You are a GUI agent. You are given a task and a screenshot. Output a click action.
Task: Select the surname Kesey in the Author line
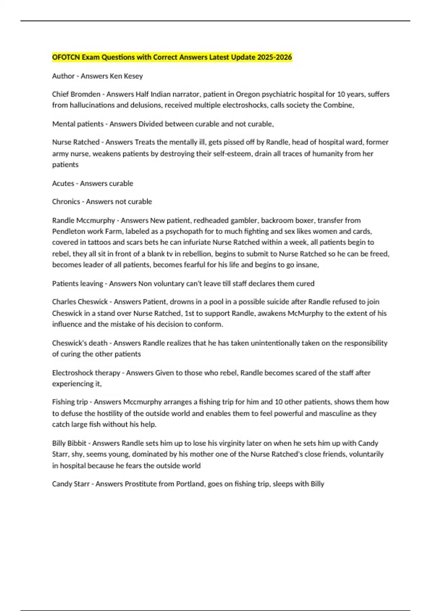coord(133,76)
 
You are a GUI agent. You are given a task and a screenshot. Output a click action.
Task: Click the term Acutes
coord(63,183)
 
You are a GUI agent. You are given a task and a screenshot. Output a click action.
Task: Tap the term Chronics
coord(66,202)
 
